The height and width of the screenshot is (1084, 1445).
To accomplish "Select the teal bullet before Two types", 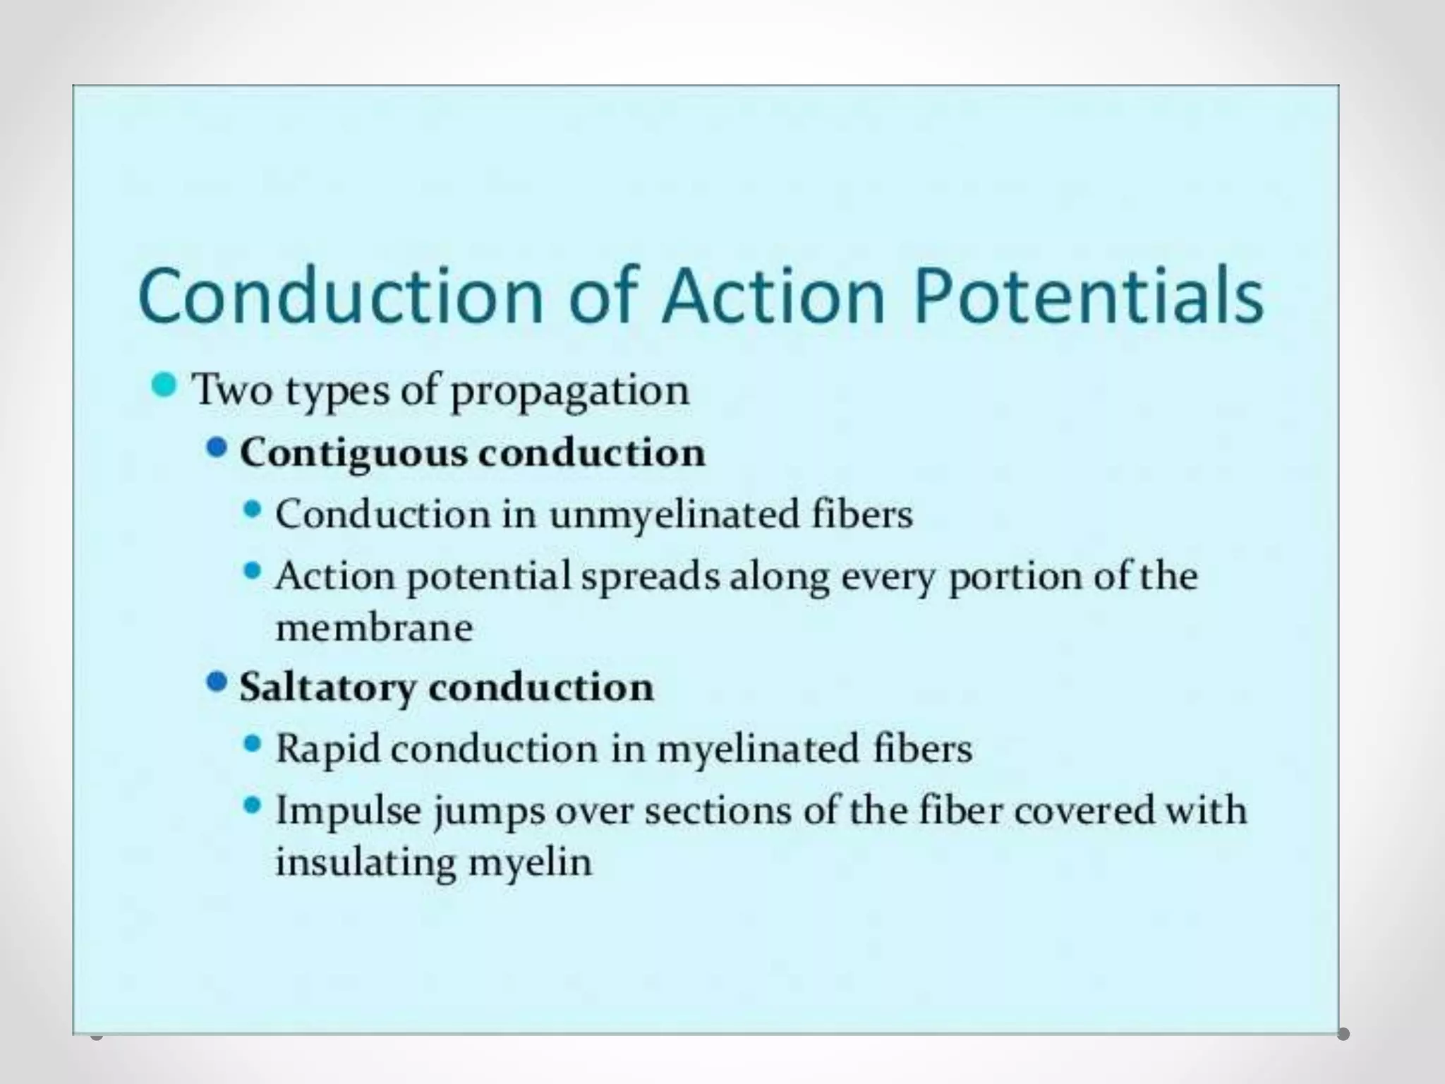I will click(x=164, y=385).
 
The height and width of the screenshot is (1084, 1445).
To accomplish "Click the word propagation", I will click(x=569, y=391).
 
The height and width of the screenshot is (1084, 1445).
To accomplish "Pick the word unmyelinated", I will click(x=674, y=514).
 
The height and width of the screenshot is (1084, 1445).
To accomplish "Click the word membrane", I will click(x=374, y=628).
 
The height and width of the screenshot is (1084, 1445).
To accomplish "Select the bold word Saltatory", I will click(x=327, y=687).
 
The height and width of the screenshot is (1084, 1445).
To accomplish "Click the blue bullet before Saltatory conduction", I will click(x=217, y=682).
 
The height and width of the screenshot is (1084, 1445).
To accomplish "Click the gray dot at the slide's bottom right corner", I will click(x=1343, y=1035).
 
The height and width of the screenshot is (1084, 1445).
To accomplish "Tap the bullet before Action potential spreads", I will click(x=252, y=571).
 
